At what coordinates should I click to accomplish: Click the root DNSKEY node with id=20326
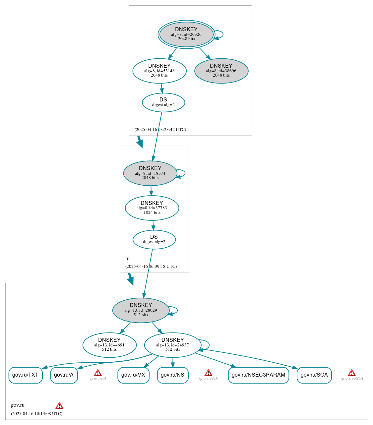tap(186, 34)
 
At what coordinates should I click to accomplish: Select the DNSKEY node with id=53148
tap(159, 71)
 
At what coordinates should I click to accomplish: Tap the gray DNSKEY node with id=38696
tap(221, 71)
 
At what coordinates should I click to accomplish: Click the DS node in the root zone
tap(163, 102)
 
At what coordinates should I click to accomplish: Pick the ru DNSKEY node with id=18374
tap(150, 173)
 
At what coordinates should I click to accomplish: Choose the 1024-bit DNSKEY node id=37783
tap(152, 208)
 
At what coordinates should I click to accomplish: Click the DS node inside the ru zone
tap(154, 239)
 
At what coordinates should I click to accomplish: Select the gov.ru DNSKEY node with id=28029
tap(141, 310)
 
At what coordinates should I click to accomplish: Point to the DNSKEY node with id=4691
tap(109, 345)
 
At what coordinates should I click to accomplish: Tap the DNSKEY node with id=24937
tap(173, 345)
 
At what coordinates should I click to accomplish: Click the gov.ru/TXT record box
tap(26, 375)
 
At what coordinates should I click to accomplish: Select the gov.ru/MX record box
tap(133, 375)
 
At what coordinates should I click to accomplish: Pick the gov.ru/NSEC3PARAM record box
tap(258, 375)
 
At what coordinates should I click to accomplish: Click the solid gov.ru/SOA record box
tap(314, 375)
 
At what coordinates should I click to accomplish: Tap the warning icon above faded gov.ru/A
tap(98, 373)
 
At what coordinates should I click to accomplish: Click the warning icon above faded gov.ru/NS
tap(208, 373)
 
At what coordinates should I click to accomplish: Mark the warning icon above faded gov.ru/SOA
tap(352, 373)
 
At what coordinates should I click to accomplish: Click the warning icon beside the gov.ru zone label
tap(59, 405)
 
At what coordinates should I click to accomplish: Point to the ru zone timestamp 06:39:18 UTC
tap(151, 266)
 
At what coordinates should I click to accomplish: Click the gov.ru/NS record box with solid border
tap(173, 375)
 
